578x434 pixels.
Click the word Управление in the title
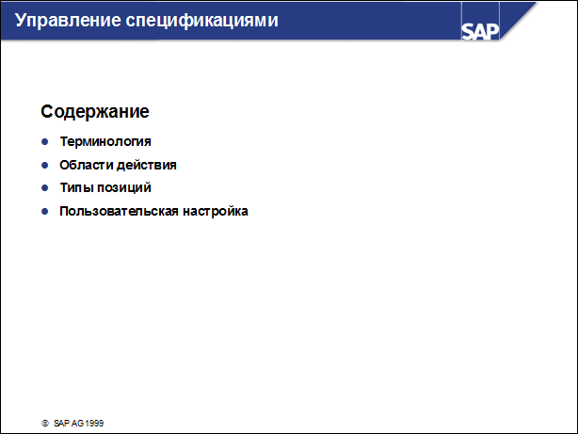click(x=68, y=21)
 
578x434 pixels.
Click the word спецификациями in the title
click(x=202, y=22)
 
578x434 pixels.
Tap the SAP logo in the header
click(x=480, y=31)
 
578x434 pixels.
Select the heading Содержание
click(x=95, y=111)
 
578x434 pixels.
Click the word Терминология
click(x=105, y=141)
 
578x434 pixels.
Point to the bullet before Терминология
click(x=45, y=141)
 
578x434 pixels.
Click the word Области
click(x=87, y=165)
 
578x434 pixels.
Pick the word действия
click(x=147, y=165)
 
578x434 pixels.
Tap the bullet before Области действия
click(x=45, y=165)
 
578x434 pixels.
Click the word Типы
click(x=76, y=187)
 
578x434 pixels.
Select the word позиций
click(x=124, y=187)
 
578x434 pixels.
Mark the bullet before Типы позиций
click(x=45, y=188)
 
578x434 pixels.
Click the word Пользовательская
click(x=119, y=211)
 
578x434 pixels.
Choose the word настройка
click(x=216, y=211)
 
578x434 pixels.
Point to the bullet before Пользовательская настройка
click(x=45, y=211)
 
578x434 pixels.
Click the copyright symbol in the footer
click(x=45, y=424)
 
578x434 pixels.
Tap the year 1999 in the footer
click(x=94, y=424)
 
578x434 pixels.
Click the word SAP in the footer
click(x=61, y=424)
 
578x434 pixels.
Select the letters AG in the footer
click(x=77, y=424)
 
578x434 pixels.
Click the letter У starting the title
click(x=21, y=21)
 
